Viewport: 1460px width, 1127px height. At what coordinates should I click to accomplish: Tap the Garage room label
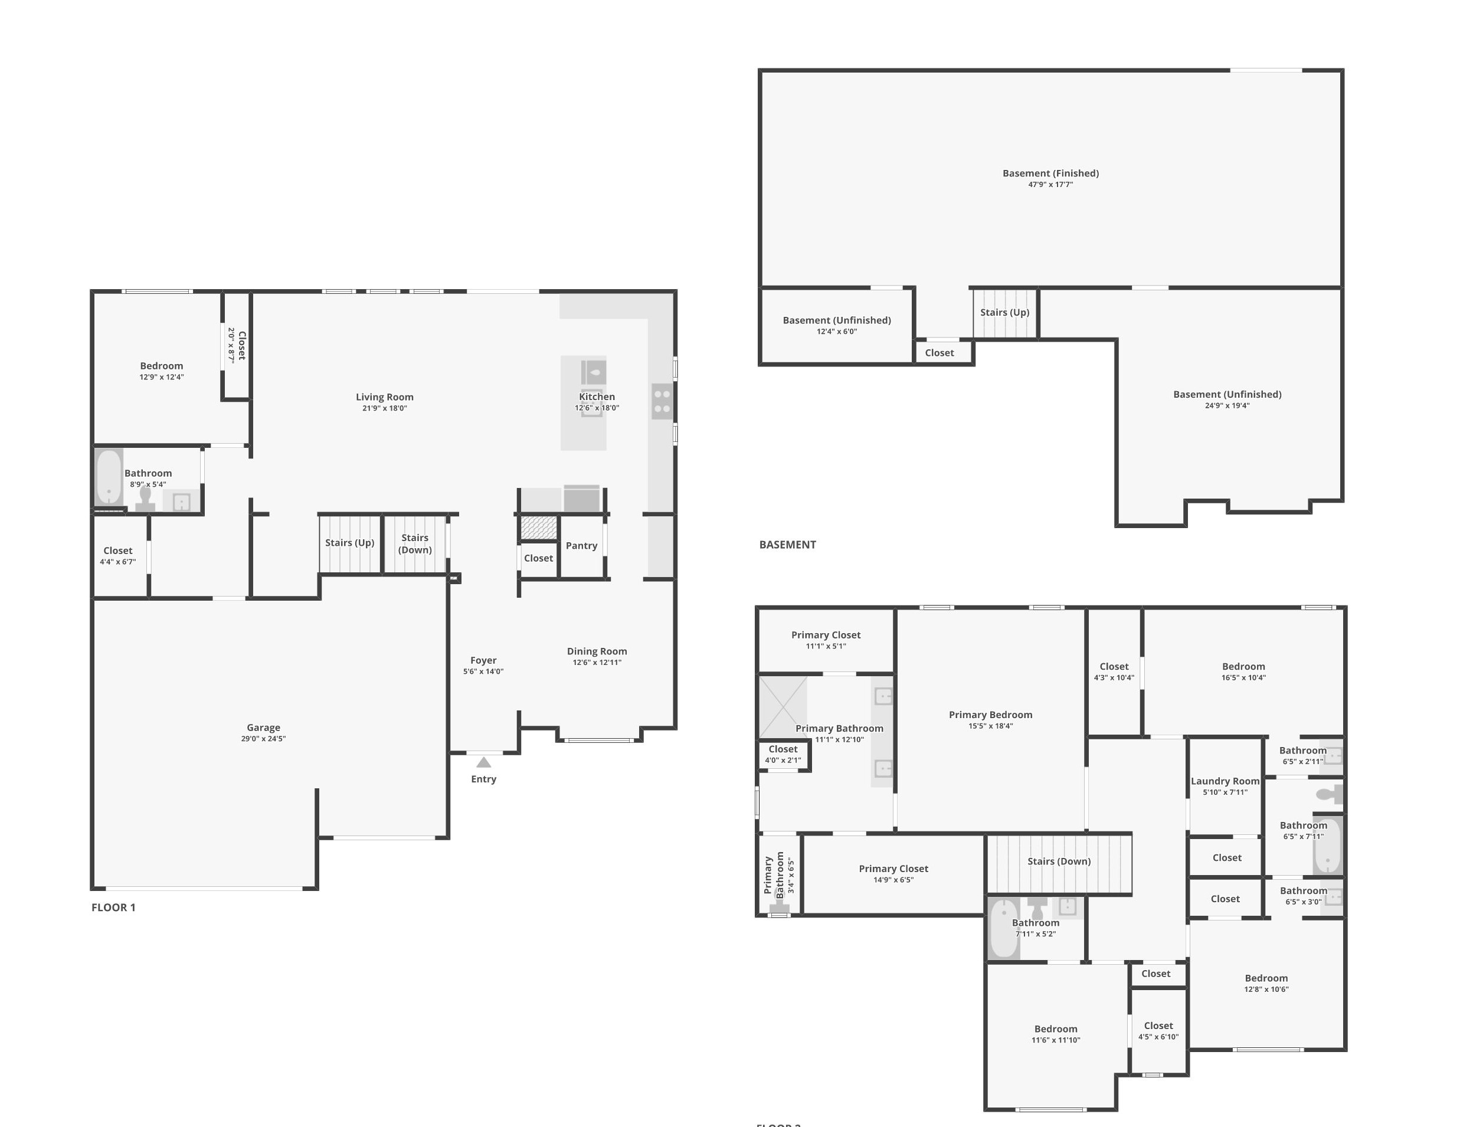pyautogui.click(x=263, y=728)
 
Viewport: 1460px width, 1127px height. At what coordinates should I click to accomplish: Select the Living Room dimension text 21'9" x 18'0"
pyautogui.click(x=384, y=408)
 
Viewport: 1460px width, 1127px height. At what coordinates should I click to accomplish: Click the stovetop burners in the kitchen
pyautogui.click(x=662, y=402)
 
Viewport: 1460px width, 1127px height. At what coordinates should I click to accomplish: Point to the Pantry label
pyautogui.click(x=582, y=545)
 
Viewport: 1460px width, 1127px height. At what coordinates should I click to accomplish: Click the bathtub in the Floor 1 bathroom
pyautogui.click(x=109, y=477)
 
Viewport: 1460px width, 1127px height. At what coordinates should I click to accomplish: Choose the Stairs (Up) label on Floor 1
pyautogui.click(x=349, y=543)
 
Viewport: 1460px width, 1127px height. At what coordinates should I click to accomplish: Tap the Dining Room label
pyautogui.click(x=597, y=651)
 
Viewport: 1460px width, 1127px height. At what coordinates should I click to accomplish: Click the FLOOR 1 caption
pyautogui.click(x=114, y=907)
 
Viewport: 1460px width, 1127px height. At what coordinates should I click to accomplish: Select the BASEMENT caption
pyautogui.click(x=787, y=545)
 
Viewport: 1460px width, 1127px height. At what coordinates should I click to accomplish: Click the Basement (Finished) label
pyautogui.click(x=1051, y=173)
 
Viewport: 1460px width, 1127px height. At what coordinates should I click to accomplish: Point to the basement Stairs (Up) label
pyautogui.click(x=1005, y=312)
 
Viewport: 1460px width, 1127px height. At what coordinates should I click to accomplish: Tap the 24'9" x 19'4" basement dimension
pyautogui.click(x=1227, y=406)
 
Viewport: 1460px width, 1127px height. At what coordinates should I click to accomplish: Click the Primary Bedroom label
pyautogui.click(x=991, y=715)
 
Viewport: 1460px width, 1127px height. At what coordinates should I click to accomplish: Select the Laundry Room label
pyautogui.click(x=1225, y=781)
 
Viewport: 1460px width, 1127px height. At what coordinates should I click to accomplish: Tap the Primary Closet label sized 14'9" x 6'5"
pyautogui.click(x=894, y=869)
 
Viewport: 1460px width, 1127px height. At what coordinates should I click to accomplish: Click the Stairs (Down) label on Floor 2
pyautogui.click(x=1059, y=861)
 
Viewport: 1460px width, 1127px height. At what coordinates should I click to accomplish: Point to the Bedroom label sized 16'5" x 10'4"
pyautogui.click(x=1243, y=666)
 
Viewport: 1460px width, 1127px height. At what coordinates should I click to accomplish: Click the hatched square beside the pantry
pyautogui.click(x=539, y=528)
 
